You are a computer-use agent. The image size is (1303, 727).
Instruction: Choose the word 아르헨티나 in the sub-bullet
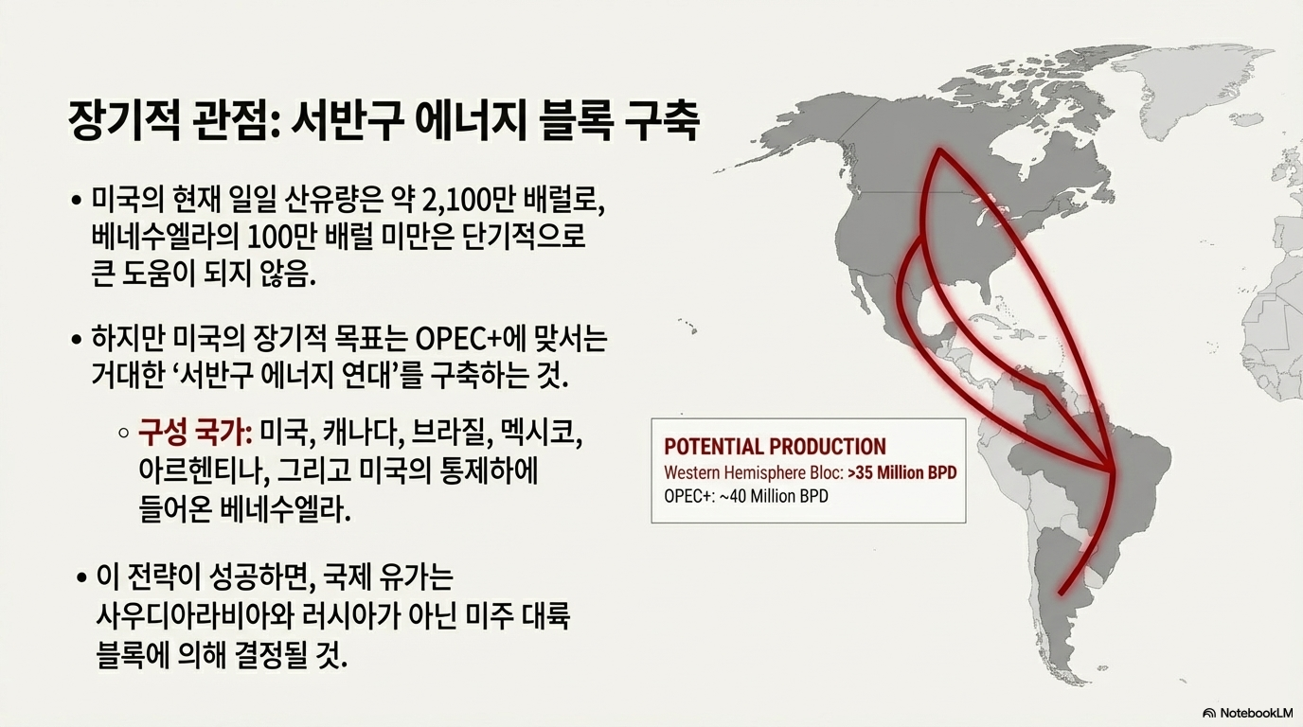(x=195, y=470)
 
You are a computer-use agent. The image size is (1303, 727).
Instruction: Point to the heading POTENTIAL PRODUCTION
(x=775, y=447)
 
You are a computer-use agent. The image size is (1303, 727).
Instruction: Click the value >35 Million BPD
(x=902, y=472)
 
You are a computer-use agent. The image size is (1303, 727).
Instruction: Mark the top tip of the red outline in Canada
(x=938, y=151)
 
